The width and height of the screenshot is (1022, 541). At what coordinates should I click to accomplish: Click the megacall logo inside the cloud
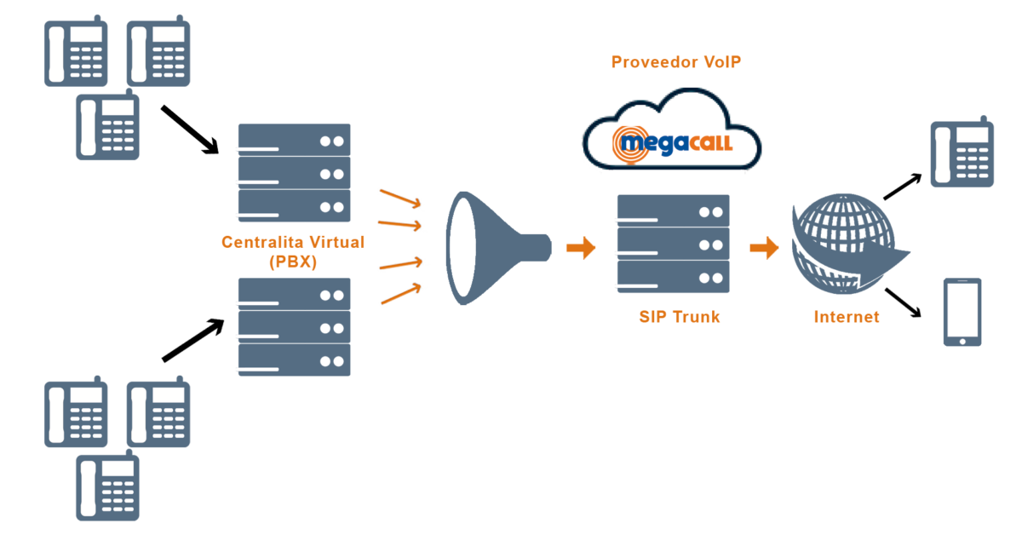tap(673, 141)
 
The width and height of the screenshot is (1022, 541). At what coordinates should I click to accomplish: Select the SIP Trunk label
tap(679, 317)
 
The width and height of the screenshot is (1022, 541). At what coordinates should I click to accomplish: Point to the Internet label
tap(846, 317)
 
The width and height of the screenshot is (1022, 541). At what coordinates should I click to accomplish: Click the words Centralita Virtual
tap(292, 243)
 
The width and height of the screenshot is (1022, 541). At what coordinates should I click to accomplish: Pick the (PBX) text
tap(292, 262)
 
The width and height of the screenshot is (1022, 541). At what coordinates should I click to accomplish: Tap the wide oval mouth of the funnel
tap(462, 247)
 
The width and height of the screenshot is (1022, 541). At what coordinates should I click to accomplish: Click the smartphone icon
tap(962, 312)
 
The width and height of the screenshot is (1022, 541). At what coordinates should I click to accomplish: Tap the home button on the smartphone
tap(962, 340)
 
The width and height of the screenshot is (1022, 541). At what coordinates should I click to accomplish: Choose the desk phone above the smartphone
tap(962, 153)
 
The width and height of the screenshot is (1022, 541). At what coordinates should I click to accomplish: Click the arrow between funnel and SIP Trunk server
tap(582, 248)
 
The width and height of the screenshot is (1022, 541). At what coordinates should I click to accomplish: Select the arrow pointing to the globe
tap(764, 248)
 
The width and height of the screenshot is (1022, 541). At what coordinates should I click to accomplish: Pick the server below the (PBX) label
tap(293, 328)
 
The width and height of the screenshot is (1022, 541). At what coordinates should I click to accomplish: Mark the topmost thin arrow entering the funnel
tap(400, 198)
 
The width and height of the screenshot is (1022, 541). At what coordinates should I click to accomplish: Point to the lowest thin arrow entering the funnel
tap(401, 294)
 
